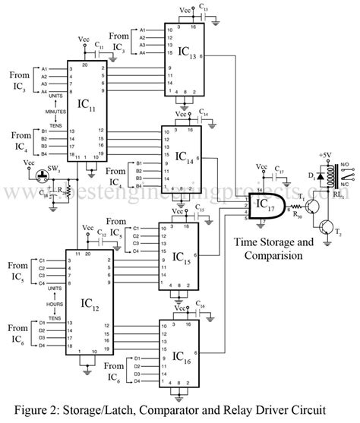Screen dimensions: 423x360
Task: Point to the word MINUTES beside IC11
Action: pyautogui.click(x=53, y=110)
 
